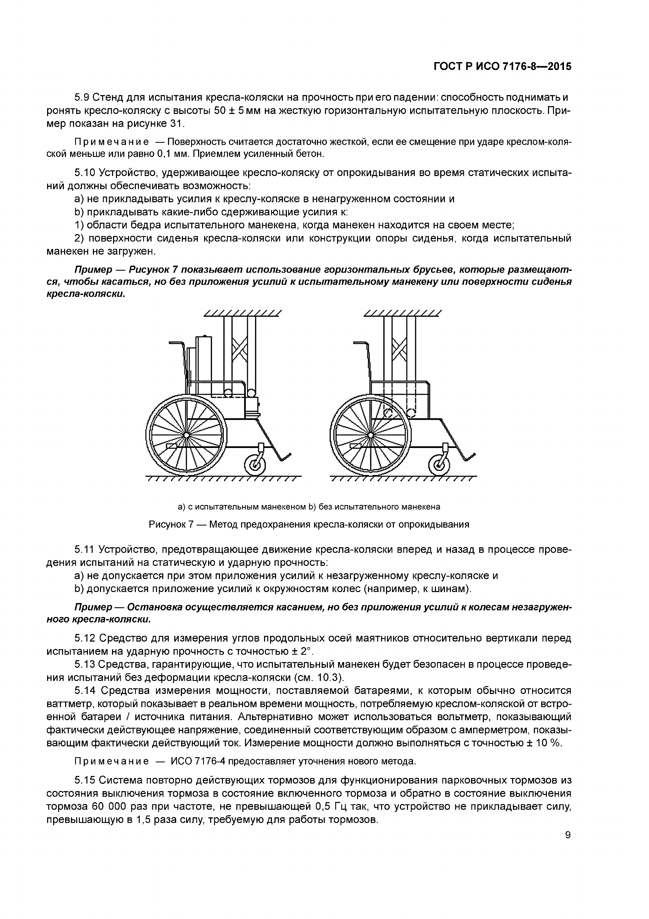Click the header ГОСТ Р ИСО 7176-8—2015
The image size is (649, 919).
[502, 67]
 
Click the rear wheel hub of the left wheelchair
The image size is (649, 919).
[186, 435]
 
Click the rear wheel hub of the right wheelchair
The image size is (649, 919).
[370, 435]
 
